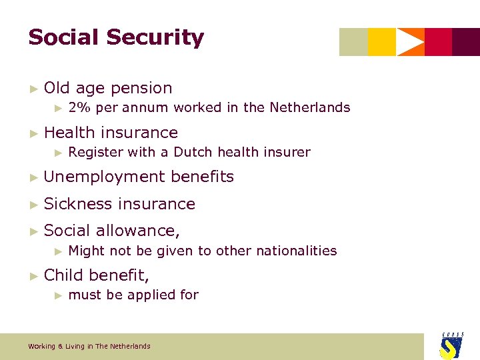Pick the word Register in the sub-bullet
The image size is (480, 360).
[96, 153]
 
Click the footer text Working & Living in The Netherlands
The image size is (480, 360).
[89, 346]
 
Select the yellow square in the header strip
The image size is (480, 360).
[381, 42]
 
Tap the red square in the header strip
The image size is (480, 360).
[438, 42]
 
